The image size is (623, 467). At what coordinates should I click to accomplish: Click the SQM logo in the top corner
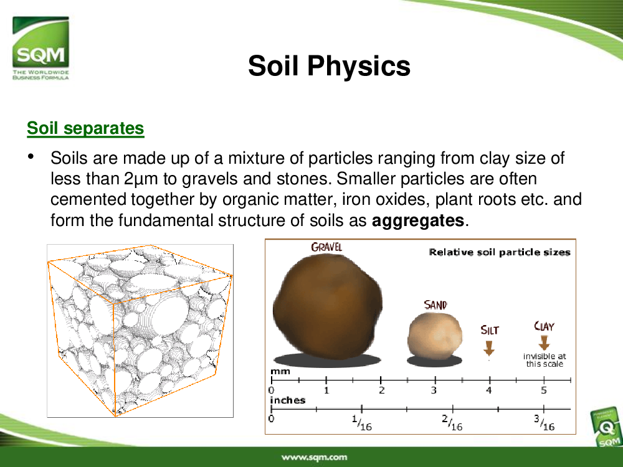40,48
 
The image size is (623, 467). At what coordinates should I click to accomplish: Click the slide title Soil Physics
329,65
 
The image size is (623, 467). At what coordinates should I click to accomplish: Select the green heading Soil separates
85,128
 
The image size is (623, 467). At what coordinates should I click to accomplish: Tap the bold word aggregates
418,220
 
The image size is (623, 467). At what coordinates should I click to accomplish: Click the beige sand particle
435,336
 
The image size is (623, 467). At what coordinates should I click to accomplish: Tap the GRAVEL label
326,247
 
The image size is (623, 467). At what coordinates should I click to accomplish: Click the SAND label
435,305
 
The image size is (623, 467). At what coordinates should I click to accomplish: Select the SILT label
489,330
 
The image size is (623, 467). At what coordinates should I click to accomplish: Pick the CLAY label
544,326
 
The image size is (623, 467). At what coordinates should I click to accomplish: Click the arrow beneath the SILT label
488,347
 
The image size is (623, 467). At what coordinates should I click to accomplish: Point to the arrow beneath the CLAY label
544,342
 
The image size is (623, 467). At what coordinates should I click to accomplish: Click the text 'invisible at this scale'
545,360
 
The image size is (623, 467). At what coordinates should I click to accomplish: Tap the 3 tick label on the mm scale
434,390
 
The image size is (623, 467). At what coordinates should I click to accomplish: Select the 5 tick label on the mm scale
543,390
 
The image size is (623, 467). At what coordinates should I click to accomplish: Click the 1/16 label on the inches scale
361,423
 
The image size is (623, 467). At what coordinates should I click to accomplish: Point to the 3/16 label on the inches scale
544,423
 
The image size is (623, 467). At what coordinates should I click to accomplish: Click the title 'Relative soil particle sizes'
500,252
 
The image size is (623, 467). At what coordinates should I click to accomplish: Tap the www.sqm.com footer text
314,457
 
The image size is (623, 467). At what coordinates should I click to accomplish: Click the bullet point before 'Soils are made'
31,156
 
